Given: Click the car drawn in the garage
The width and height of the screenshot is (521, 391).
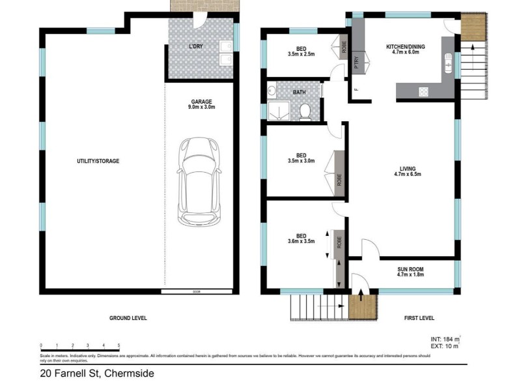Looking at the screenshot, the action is click(199, 182).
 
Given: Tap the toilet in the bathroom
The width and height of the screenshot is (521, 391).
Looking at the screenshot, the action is click(305, 112).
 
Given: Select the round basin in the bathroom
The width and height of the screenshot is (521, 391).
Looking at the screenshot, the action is click(272, 90).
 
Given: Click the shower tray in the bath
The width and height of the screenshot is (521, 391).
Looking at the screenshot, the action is click(279, 111).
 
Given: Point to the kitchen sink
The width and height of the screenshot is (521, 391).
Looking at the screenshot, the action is click(448, 63).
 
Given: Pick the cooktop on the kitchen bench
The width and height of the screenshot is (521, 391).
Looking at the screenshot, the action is click(424, 92).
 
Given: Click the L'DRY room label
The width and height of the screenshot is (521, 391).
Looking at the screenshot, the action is click(196, 46).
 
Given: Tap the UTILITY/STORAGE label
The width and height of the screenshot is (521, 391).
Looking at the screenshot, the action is click(98, 161).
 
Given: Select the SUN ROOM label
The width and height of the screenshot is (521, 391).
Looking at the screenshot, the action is click(410, 269).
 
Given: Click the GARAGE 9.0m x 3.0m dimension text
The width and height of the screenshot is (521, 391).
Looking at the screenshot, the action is click(201, 104).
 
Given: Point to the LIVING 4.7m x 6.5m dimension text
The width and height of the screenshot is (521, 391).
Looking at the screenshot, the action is click(408, 171).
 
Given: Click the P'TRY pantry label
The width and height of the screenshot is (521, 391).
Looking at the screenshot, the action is click(356, 63).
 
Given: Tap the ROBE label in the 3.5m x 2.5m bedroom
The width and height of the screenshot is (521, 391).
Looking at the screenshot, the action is click(344, 46).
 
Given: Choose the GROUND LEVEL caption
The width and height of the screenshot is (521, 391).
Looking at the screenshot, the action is click(128, 318).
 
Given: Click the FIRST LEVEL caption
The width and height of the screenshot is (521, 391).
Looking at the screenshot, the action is click(419, 318).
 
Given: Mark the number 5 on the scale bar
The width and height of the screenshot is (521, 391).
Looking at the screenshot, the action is click(119, 345).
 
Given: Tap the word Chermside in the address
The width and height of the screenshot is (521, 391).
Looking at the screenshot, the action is click(129, 373).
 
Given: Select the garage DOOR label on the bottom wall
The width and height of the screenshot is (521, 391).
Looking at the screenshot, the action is click(197, 291).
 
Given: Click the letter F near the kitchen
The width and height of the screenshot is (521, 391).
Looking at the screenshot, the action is click(356, 89).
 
